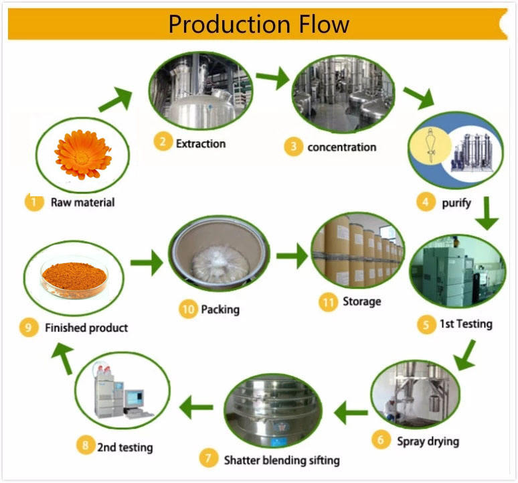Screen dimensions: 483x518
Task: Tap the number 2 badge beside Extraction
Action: point(161,143)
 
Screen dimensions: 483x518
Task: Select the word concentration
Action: point(341,147)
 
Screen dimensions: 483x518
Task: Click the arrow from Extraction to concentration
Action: point(271,79)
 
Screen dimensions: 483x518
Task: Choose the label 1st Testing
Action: point(465,324)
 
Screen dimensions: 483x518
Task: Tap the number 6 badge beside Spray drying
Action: point(381,440)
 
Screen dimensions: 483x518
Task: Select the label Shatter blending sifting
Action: point(281,460)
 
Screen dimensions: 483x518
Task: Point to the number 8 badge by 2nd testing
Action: point(85,446)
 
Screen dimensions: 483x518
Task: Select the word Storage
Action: point(361,302)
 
